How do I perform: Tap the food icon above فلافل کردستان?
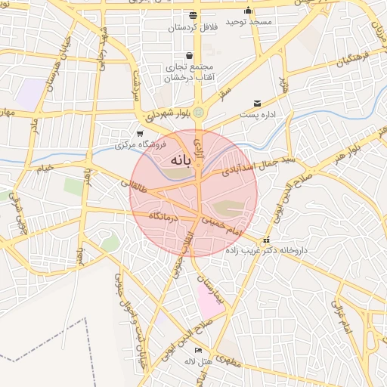coord(193,14)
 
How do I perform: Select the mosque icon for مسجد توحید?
coord(248,10)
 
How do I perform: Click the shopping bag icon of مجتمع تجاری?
coord(188,55)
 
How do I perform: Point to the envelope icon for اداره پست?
coord(257,104)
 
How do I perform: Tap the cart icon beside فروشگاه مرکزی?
coord(139,134)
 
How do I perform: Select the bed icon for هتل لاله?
coord(198,351)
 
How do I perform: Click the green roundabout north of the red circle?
coord(198,113)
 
